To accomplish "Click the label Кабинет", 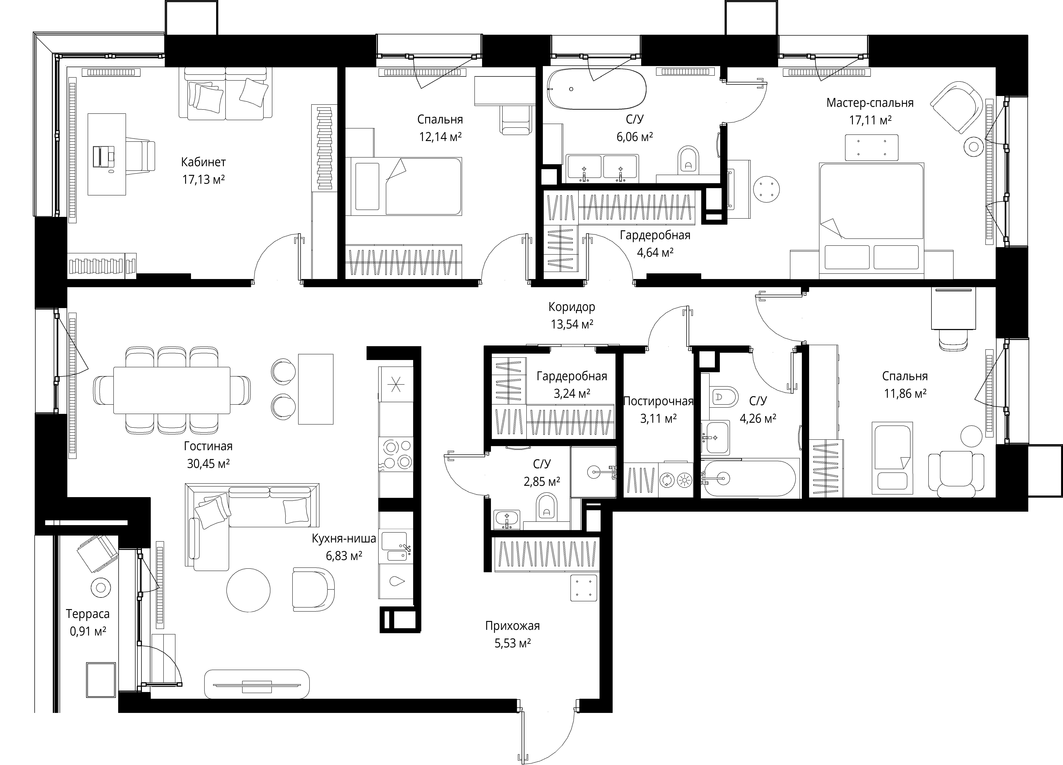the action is tap(203, 162).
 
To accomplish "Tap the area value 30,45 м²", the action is tap(208, 464).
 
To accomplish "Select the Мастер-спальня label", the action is tap(870, 103).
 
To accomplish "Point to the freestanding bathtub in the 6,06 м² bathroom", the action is tap(597, 89).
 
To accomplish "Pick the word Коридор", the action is tap(572, 307).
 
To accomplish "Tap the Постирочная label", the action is tap(658, 401).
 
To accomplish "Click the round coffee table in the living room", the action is tap(248, 590).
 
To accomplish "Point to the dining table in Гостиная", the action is tap(171, 390).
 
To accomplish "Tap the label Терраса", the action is tap(88, 614).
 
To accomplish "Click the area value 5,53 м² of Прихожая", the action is tap(513, 643).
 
